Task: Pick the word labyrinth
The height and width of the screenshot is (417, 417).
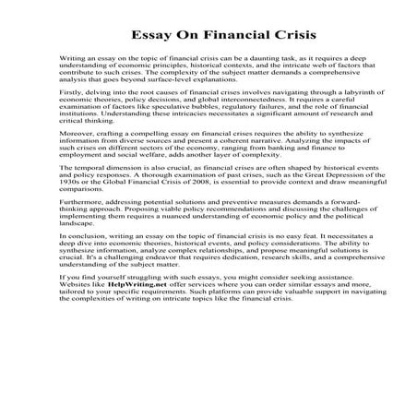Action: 328,118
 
